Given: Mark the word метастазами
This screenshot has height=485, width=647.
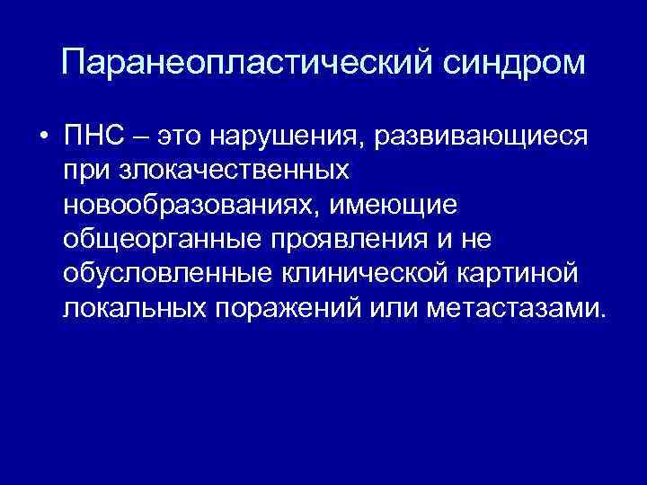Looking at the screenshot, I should pos(518,309).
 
